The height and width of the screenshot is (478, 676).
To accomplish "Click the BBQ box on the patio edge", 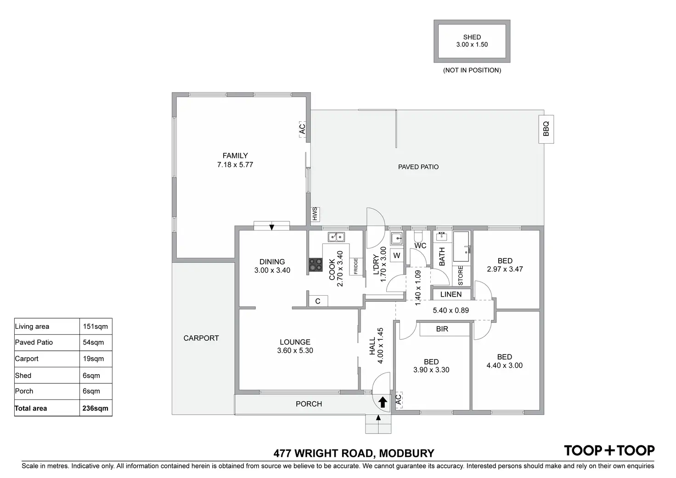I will coord(546,129).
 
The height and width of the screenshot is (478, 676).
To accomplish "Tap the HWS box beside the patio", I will coord(315,214).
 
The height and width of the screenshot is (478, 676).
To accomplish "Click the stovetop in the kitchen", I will coord(315,265).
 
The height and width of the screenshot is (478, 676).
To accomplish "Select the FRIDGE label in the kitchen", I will coord(355,266).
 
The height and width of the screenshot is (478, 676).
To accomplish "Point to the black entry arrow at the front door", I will coord(382,403).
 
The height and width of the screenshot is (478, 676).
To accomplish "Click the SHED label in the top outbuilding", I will coord(472,37).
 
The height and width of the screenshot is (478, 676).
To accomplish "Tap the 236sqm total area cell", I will coord(96,408).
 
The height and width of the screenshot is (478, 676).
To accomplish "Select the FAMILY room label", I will coord(235,156).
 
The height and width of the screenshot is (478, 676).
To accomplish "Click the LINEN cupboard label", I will coord(451,294).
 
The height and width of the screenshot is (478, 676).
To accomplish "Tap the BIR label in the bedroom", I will coord(442,329).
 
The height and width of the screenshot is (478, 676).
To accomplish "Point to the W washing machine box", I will coord(397,255).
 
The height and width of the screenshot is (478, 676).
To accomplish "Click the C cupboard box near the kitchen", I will coord(318,301).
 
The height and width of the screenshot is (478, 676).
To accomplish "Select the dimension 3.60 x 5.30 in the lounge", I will coord(295,351).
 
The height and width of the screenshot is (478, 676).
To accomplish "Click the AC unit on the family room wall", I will coord(302,129).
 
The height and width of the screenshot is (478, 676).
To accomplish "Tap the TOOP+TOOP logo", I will coord(609,450).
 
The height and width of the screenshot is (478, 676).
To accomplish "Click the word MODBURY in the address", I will coord(407,454).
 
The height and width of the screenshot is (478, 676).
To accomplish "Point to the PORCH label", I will coord(309,404).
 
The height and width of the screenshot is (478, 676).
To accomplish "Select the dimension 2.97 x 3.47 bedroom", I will coord(505,270).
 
